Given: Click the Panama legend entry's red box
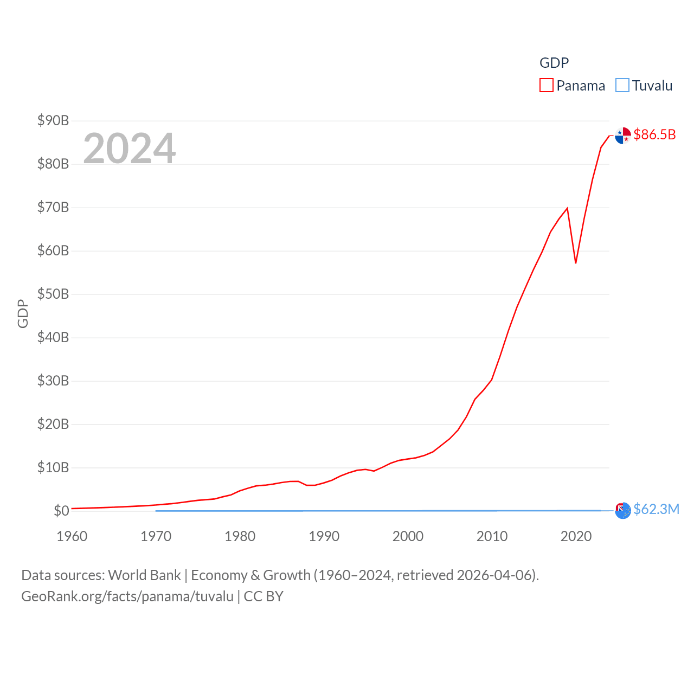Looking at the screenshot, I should pyautogui.click(x=547, y=86).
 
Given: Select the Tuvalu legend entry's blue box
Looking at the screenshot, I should pyautogui.click(x=622, y=86).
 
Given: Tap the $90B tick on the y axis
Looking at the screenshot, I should pyautogui.click(x=53, y=120).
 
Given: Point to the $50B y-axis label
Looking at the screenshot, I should pyautogui.click(x=53, y=294).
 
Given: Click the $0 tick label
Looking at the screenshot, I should pyautogui.click(x=61, y=511).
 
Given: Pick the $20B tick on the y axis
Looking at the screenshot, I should pyautogui.click(x=53, y=424).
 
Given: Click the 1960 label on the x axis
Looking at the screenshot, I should pyautogui.click(x=72, y=536).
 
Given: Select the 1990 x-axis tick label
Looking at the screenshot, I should pyautogui.click(x=324, y=536).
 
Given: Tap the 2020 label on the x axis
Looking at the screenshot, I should pyautogui.click(x=576, y=536).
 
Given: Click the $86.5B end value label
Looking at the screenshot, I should pyautogui.click(x=654, y=134).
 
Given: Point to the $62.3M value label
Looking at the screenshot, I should pyautogui.click(x=656, y=509).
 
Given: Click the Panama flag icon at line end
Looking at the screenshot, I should pyautogui.click(x=623, y=136).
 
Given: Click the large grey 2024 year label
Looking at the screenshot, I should pyautogui.click(x=130, y=148).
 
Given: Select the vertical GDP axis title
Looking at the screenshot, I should pyautogui.click(x=23, y=313).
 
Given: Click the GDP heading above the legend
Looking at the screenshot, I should pyautogui.click(x=554, y=63).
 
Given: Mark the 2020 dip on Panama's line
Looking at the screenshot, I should pyautogui.click(x=576, y=263).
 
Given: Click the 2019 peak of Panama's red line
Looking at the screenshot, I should pyautogui.click(x=567, y=208).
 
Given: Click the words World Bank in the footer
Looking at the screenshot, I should pyautogui.click(x=144, y=575).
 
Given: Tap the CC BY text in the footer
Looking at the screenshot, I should pyautogui.click(x=264, y=596).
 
